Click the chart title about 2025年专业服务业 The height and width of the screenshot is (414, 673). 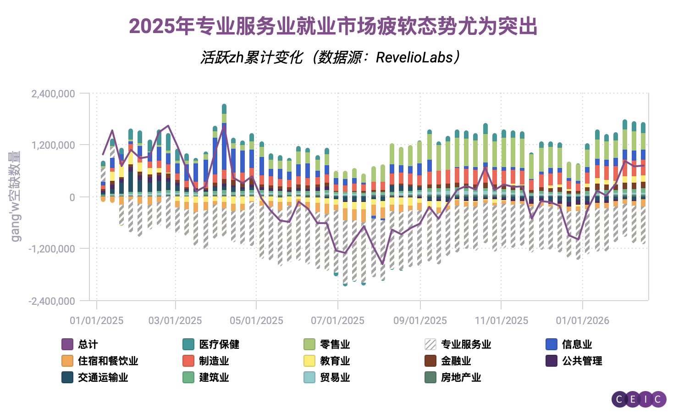333,26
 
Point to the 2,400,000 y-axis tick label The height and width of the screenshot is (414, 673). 53,94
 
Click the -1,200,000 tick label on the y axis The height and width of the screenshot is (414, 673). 52,249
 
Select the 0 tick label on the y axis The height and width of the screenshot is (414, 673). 72,197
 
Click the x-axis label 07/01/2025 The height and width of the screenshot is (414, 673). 337,320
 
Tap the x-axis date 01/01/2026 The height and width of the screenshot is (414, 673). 582,320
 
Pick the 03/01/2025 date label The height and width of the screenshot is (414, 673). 175,320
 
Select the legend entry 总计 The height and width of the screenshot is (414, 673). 88,344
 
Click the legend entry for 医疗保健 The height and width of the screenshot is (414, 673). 219,344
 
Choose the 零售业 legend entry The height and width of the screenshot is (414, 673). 335,344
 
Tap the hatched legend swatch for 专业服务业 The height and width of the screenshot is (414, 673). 430,344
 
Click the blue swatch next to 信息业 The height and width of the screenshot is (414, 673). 552,344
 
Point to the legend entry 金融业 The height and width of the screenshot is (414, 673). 456,361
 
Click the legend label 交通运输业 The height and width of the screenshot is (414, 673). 103,377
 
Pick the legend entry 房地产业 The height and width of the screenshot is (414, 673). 461,377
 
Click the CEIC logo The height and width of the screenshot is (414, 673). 639,399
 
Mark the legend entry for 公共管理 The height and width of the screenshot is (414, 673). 582,361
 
